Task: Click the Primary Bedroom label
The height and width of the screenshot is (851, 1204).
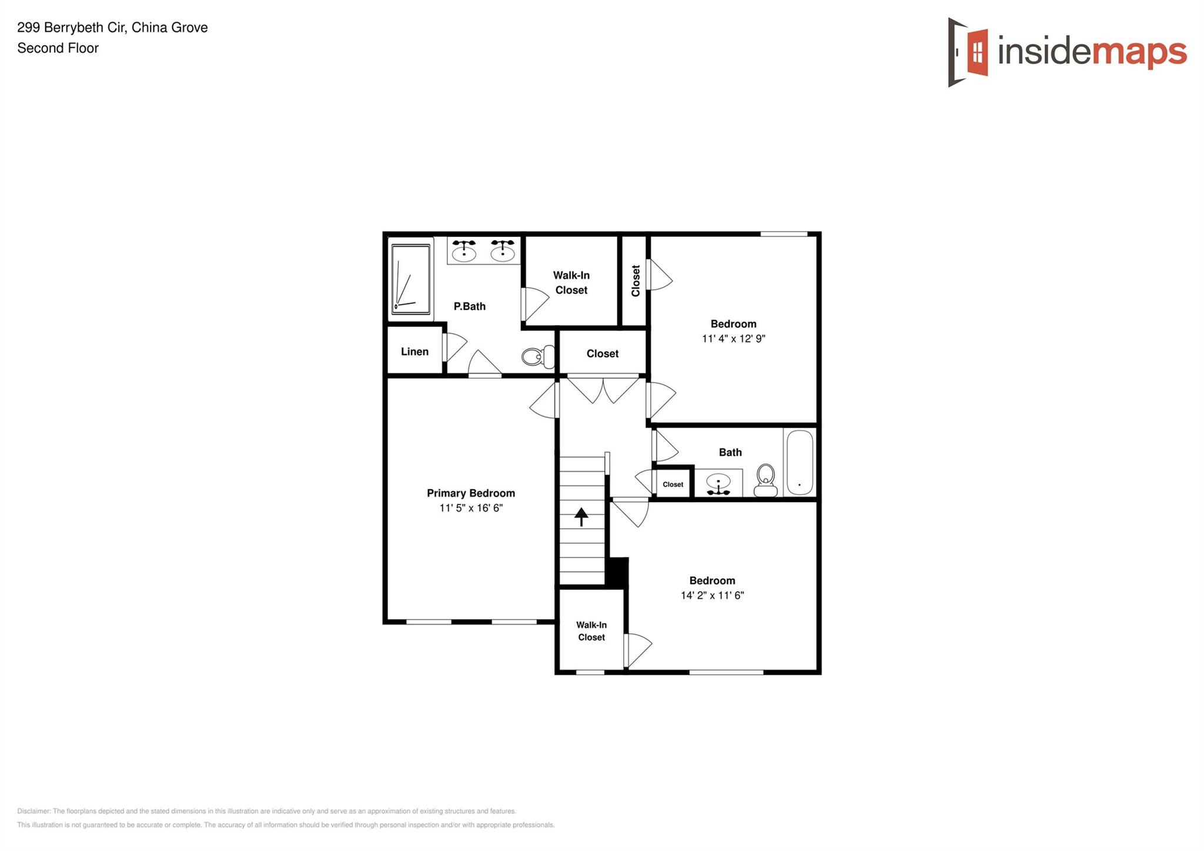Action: [470, 493]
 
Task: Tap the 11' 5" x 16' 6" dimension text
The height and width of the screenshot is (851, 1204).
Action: [471, 508]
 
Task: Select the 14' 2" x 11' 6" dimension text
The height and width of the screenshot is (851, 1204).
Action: [712, 595]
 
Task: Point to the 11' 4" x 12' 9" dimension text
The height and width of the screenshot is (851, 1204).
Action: [733, 339]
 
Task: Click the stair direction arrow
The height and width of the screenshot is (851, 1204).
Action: [581, 516]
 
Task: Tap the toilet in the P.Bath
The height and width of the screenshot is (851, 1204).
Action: [538, 356]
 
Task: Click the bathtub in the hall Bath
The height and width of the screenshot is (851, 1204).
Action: [800, 462]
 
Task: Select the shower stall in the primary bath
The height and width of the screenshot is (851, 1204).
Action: [411, 279]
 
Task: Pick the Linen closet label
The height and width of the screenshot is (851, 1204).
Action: [414, 352]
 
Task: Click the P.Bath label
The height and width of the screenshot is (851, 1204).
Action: [469, 306]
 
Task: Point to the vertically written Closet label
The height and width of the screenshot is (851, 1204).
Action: [636, 281]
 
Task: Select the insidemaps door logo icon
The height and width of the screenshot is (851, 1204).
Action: [967, 52]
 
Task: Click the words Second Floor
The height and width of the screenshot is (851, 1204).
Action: [58, 48]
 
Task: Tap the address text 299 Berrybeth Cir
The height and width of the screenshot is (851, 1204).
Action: [71, 28]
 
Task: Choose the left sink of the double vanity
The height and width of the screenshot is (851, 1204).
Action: [464, 251]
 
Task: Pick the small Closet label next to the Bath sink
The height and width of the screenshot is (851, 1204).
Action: [673, 485]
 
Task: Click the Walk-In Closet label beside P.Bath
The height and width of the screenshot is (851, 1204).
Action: [571, 283]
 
